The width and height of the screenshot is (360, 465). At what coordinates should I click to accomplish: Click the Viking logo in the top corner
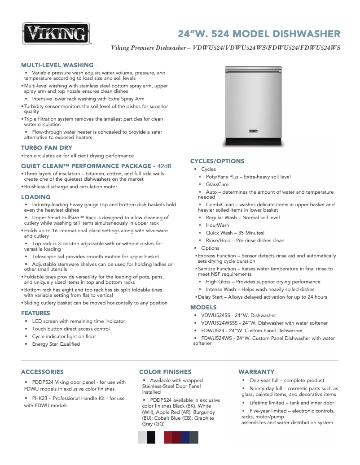click(57, 34)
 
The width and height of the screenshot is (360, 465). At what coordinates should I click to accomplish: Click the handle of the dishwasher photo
click(254, 70)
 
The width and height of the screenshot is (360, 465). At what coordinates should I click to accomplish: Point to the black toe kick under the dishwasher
click(254, 142)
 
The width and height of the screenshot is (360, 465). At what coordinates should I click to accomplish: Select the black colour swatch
click(151, 437)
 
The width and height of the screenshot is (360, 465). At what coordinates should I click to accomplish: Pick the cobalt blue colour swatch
click(185, 437)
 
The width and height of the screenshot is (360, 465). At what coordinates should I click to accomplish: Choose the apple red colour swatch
click(168, 437)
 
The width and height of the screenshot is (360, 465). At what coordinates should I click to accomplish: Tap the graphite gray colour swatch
click(194, 437)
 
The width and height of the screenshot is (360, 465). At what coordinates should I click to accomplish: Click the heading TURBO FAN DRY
click(47, 148)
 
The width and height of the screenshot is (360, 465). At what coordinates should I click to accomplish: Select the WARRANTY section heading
click(256, 372)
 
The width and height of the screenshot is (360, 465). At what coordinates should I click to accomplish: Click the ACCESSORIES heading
click(42, 372)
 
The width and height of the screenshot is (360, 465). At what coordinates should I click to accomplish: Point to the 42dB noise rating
click(162, 166)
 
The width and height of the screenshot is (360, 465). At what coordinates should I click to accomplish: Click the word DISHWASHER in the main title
click(306, 34)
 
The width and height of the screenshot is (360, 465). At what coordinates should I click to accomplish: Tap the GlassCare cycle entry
click(217, 184)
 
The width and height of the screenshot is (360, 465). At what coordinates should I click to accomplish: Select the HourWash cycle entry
click(217, 225)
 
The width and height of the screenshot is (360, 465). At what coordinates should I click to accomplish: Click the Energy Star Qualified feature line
click(56, 344)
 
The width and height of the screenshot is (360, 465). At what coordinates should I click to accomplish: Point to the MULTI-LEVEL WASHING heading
click(57, 65)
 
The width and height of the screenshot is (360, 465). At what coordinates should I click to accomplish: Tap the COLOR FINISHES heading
click(165, 372)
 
